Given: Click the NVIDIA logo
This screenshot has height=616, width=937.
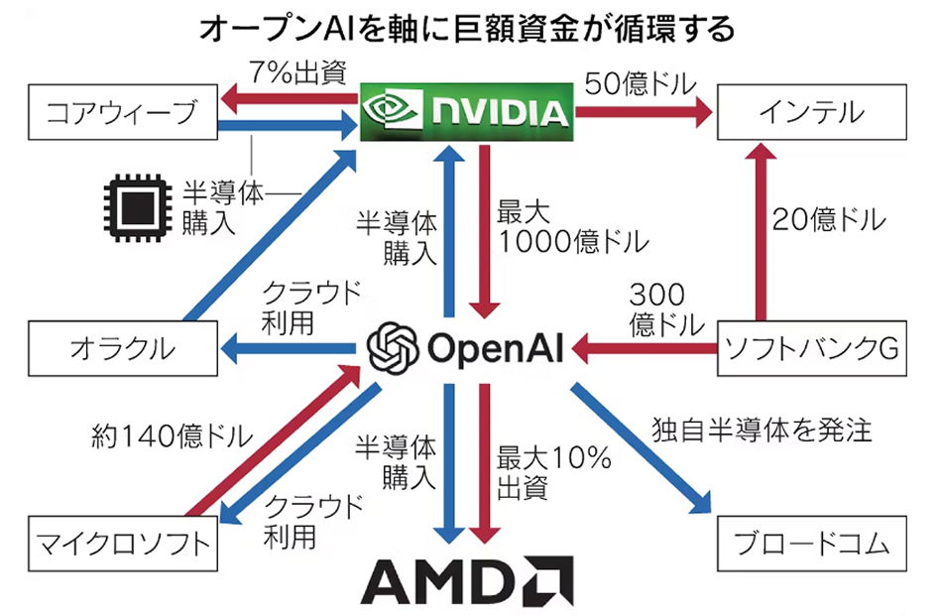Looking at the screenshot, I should (466, 111).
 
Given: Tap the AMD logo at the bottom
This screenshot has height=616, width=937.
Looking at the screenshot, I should (466, 579).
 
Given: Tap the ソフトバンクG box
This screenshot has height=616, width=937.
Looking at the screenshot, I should (811, 348).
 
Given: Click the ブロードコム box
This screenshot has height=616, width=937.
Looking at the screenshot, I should (811, 544).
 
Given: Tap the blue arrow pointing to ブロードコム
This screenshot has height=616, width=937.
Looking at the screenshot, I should (644, 446).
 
